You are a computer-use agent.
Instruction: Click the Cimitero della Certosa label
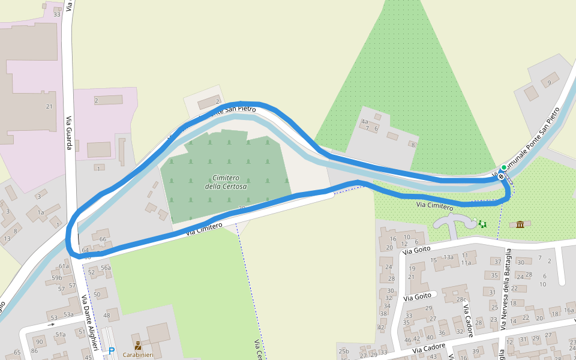click(x=226, y=182)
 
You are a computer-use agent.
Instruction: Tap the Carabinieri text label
click(x=138, y=355)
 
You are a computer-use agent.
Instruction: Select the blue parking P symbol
click(x=111, y=350)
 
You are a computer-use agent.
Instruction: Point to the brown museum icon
click(x=520, y=224)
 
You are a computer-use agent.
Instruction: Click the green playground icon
click(x=482, y=224)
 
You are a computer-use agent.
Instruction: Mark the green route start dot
click(x=504, y=167)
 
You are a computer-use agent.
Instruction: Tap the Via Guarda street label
click(x=69, y=133)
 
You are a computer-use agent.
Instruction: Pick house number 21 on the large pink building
click(x=49, y=106)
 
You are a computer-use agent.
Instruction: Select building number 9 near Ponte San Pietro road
click(x=548, y=83)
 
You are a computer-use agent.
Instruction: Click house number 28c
click(x=461, y=299)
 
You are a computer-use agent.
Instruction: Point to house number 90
click(x=40, y=341)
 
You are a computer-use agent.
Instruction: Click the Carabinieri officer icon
click(x=138, y=346)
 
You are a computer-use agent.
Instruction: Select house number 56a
click(x=106, y=268)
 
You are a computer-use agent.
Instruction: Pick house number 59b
click(x=56, y=278)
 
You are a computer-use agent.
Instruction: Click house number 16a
click(x=569, y=310)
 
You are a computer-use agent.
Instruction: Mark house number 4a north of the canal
click(x=364, y=121)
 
